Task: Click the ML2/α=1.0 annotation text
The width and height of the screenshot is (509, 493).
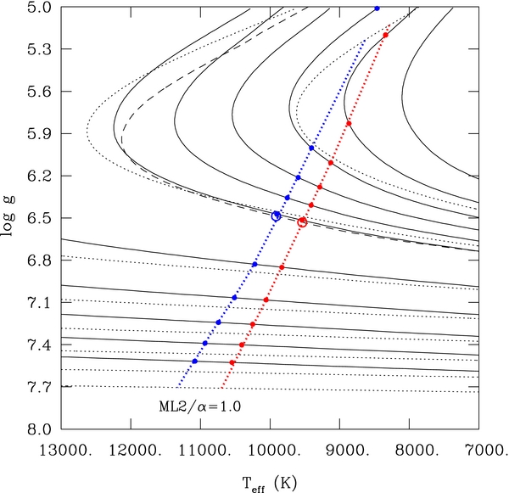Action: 201,406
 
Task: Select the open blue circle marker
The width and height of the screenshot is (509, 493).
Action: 276,216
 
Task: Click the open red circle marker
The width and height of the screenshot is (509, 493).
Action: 302,221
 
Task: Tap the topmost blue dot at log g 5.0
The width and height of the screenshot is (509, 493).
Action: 378,8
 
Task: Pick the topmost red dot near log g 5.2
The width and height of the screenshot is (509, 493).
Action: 385,35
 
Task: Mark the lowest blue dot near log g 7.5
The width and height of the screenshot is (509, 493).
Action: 195,361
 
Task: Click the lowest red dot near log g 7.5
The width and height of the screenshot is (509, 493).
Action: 232,362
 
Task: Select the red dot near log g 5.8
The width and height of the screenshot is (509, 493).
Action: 349,124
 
